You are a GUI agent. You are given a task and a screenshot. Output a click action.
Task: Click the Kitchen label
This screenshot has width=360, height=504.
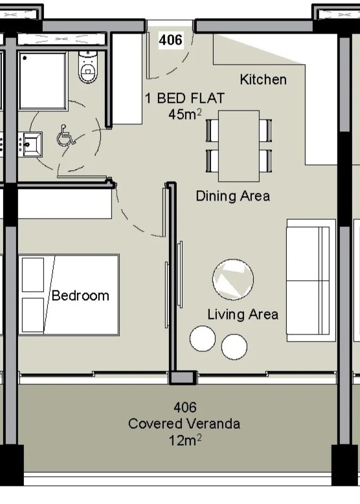(x=263, y=80)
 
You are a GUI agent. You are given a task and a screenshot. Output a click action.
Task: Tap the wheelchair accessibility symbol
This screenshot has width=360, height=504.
(x=65, y=135)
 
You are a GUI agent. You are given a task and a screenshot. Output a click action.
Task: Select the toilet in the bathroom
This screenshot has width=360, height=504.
(x=88, y=67)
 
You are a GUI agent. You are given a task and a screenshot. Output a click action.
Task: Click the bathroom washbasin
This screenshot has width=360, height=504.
(x=30, y=144)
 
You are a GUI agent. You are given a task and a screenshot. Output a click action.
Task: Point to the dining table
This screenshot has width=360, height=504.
(x=239, y=146)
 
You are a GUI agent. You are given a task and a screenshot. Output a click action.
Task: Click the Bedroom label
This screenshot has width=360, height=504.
(x=80, y=296)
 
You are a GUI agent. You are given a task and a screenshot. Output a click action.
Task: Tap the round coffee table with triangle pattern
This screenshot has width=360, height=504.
(x=233, y=279)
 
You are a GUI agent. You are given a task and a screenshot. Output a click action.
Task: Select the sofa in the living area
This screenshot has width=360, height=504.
(x=311, y=280)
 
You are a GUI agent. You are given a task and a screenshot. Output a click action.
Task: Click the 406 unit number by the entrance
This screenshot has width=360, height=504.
(x=171, y=40)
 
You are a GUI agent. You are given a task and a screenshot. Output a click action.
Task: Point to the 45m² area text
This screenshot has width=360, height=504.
(x=185, y=113)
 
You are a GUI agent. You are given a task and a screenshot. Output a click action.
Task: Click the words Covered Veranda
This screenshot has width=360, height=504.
(x=184, y=424)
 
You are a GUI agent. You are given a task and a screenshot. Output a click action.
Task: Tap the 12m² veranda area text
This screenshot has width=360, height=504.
(x=185, y=440)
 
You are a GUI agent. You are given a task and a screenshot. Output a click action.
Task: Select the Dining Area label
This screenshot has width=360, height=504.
(x=233, y=196)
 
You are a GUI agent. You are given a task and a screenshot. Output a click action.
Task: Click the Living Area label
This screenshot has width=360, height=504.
(x=243, y=314)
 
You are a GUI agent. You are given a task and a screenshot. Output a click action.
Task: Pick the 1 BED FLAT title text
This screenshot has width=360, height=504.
(x=185, y=98)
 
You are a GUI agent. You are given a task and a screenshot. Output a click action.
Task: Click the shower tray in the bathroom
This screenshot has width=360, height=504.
(x=43, y=81)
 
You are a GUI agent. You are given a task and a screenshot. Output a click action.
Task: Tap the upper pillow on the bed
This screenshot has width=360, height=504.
(x=33, y=275)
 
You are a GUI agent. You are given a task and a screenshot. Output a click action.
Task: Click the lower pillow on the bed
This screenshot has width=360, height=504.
(x=33, y=315)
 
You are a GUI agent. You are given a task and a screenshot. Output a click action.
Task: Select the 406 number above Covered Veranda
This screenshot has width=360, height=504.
(x=185, y=408)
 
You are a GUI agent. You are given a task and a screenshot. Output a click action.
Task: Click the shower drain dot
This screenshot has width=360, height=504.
(x=25, y=58)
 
